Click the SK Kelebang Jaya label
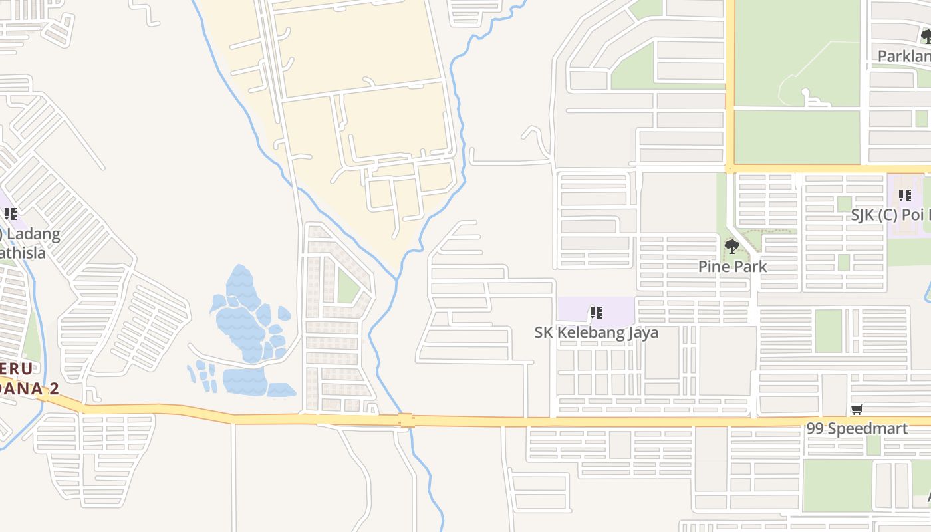[x=597, y=332]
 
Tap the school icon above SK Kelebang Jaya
[x=597, y=312]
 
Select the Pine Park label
[x=732, y=267]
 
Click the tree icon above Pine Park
[x=732, y=247]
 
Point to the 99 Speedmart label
[x=857, y=428]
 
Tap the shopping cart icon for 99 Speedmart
[x=857, y=410]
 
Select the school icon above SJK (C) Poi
[x=905, y=196]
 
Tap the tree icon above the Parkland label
[x=926, y=37]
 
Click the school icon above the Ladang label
[x=11, y=214]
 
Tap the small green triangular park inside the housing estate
[x=346, y=286]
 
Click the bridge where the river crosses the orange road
[x=406, y=420]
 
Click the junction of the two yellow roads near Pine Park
[x=730, y=168]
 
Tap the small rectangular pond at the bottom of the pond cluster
[x=281, y=390]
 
